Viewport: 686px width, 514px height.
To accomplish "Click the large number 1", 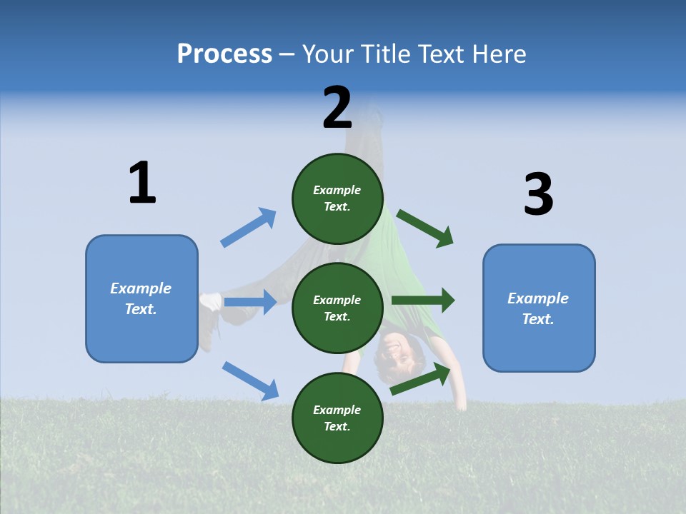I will [x=142, y=183].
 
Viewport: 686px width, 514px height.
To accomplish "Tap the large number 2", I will [x=337, y=109].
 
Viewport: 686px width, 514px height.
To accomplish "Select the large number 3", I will [x=538, y=195].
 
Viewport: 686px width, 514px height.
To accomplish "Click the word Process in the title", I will [x=224, y=54].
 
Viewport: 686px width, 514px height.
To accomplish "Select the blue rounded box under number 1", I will [x=141, y=298].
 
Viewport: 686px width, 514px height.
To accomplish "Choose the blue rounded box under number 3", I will [x=539, y=308].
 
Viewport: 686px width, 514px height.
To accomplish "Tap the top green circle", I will [x=337, y=198].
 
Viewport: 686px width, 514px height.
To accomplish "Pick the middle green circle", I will [x=337, y=308].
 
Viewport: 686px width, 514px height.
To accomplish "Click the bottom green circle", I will [x=337, y=418].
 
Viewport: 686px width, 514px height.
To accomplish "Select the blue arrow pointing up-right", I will [x=249, y=227].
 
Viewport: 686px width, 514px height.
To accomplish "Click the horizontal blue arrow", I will [x=250, y=302].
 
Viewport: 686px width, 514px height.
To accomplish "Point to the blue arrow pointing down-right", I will [x=250, y=381].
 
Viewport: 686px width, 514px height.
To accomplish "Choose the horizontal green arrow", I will [x=423, y=301].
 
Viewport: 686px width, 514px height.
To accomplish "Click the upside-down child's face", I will [x=395, y=352].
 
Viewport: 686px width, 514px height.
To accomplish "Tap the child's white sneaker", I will [x=210, y=302].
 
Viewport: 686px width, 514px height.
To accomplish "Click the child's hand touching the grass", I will [x=462, y=404].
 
